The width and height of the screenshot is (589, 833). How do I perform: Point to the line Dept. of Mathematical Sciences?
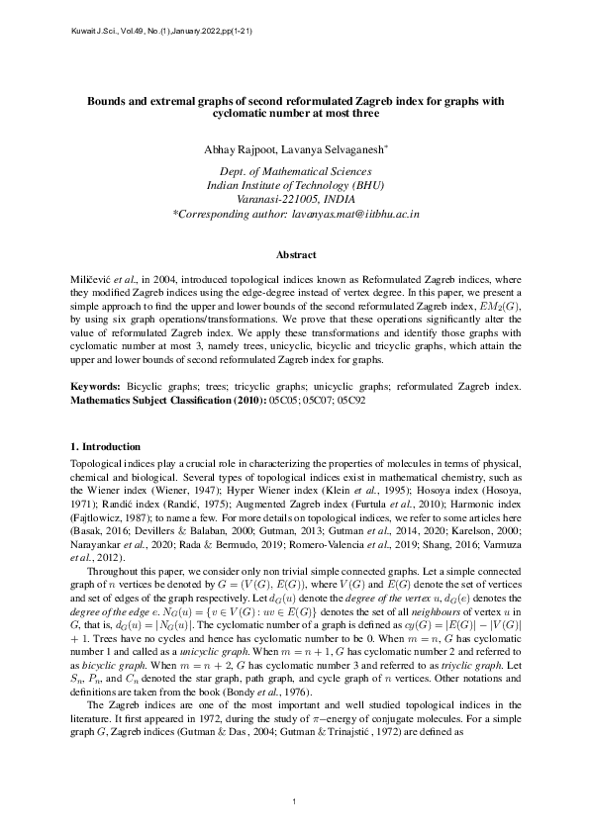point(294,172)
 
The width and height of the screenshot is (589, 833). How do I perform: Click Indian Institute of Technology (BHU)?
point(294,185)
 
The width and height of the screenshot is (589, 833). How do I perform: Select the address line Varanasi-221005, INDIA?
point(294,199)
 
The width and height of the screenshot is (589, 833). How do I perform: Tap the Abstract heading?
point(294,255)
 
